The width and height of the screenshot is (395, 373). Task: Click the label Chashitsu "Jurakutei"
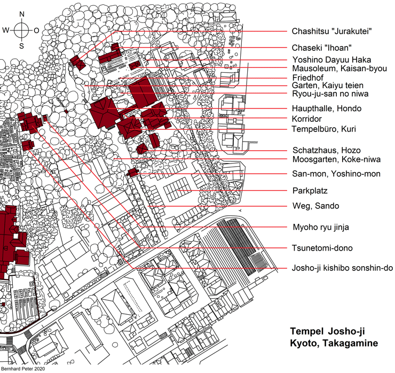(332, 32)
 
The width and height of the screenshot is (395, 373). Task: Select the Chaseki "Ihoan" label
(322, 48)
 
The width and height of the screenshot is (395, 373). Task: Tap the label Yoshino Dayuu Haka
(332, 60)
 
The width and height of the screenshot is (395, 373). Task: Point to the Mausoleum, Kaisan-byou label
(339, 68)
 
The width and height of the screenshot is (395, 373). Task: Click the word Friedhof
(308, 77)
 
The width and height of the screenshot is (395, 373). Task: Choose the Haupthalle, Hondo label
(327, 108)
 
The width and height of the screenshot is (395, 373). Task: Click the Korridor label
(307, 119)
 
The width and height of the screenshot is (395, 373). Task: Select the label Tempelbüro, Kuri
(324, 129)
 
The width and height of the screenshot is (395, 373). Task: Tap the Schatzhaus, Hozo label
(327, 150)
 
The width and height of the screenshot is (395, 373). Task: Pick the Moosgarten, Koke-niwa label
(337, 159)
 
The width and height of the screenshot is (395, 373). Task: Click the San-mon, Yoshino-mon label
(336, 174)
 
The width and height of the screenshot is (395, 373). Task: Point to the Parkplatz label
(310, 191)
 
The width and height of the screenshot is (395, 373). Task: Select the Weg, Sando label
(316, 206)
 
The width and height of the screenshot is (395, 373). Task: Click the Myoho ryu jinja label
(321, 227)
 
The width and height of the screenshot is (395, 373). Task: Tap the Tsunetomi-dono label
(322, 248)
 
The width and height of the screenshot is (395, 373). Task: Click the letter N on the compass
(22, 14)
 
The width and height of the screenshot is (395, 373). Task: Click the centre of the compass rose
(22, 30)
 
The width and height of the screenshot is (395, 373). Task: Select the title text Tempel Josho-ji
(328, 331)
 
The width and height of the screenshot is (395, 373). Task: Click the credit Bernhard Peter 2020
(23, 369)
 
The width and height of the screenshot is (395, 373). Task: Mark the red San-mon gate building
(133, 173)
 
